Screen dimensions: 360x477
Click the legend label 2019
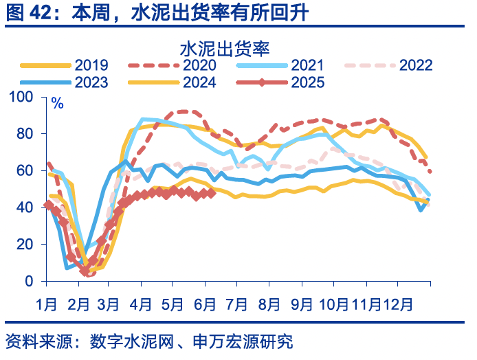[91, 65]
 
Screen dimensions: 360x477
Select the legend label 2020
[200, 65]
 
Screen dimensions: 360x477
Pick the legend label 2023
[91, 82]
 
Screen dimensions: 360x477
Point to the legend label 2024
[200, 82]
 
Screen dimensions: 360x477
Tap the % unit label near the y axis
[58, 104]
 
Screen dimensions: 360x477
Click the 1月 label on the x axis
[45, 302]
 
